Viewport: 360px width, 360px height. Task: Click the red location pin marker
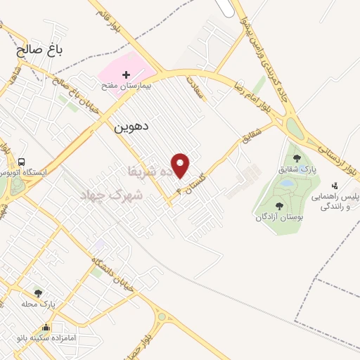(x=181, y=165)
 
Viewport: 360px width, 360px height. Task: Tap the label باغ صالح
(x=41, y=51)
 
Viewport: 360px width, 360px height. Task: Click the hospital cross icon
(x=127, y=75)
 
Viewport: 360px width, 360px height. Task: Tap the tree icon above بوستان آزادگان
(x=279, y=206)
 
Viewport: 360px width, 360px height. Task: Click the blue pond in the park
(x=287, y=183)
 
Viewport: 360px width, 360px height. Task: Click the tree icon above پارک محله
(x=38, y=292)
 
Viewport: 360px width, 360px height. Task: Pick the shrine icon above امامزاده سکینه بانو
(x=46, y=327)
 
